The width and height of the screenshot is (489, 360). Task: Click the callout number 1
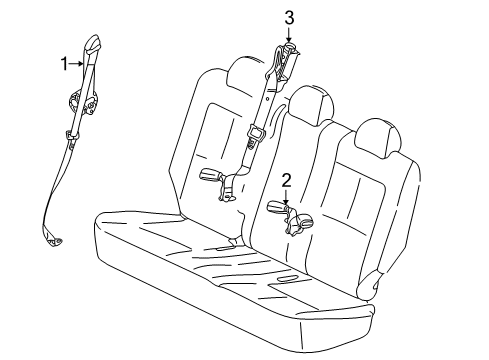(x=64, y=63)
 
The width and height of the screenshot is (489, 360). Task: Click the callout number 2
(x=286, y=180)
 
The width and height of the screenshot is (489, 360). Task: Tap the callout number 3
(x=289, y=17)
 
